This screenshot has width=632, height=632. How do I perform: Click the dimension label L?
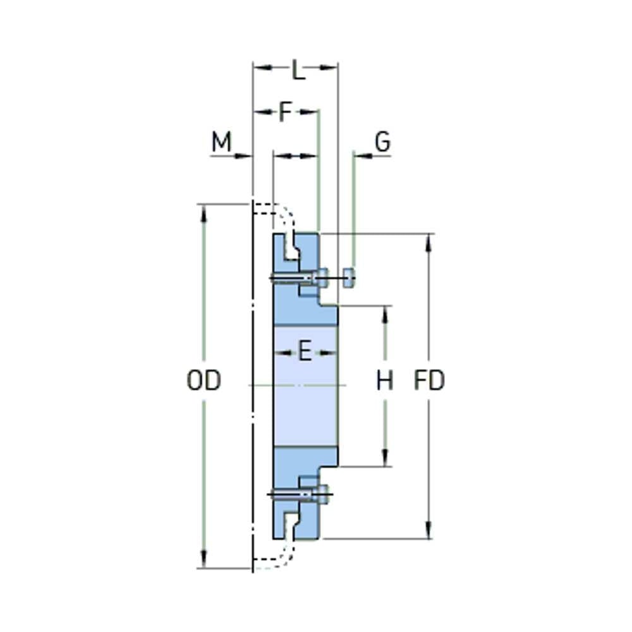[298, 70]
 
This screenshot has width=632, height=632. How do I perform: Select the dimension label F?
[285, 112]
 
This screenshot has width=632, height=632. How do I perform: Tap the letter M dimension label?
[222, 142]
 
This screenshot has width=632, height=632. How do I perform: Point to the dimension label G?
[382, 142]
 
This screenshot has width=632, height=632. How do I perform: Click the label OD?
[204, 380]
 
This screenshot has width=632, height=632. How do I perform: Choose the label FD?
[429, 380]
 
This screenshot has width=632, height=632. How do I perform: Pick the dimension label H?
[384, 380]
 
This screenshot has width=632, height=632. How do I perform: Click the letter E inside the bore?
[305, 351]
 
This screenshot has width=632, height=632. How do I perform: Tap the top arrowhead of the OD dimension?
[204, 213]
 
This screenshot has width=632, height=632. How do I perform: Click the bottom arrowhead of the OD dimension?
[204, 559]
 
